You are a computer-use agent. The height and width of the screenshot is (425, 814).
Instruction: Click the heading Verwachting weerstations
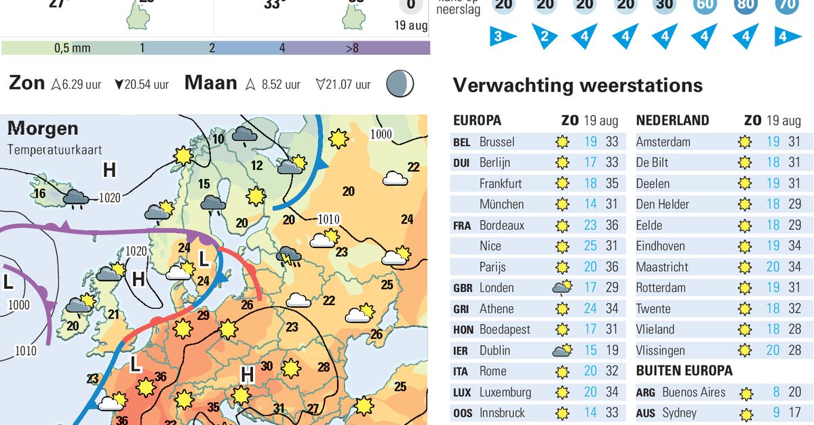click(577, 85)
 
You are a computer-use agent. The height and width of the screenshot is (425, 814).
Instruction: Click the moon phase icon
click(400, 84)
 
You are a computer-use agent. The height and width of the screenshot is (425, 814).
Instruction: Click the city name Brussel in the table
click(497, 142)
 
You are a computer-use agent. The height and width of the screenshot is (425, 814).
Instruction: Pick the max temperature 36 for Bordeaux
click(612, 225)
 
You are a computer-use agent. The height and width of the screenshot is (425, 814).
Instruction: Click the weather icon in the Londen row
click(562, 287)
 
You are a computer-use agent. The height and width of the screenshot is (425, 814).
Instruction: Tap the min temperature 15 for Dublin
click(590, 350)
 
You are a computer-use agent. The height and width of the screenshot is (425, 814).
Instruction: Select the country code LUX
click(461, 392)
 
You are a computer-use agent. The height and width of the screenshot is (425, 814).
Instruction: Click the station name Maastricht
click(662, 267)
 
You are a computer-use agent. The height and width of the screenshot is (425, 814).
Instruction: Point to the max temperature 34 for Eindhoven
click(794, 246)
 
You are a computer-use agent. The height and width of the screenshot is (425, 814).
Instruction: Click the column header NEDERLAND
click(672, 121)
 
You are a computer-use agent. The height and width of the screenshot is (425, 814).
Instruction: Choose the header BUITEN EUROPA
click(684, 371)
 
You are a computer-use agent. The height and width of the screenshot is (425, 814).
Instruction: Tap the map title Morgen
click(43, 128)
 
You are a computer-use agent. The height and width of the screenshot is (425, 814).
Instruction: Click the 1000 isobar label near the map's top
click(381, 134)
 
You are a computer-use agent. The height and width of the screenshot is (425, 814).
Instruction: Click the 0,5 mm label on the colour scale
click(72, 48)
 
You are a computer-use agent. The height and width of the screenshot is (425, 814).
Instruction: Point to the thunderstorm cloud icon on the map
click(289, 256)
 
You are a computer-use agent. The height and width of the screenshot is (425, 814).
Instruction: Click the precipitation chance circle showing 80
click(745, 5)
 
